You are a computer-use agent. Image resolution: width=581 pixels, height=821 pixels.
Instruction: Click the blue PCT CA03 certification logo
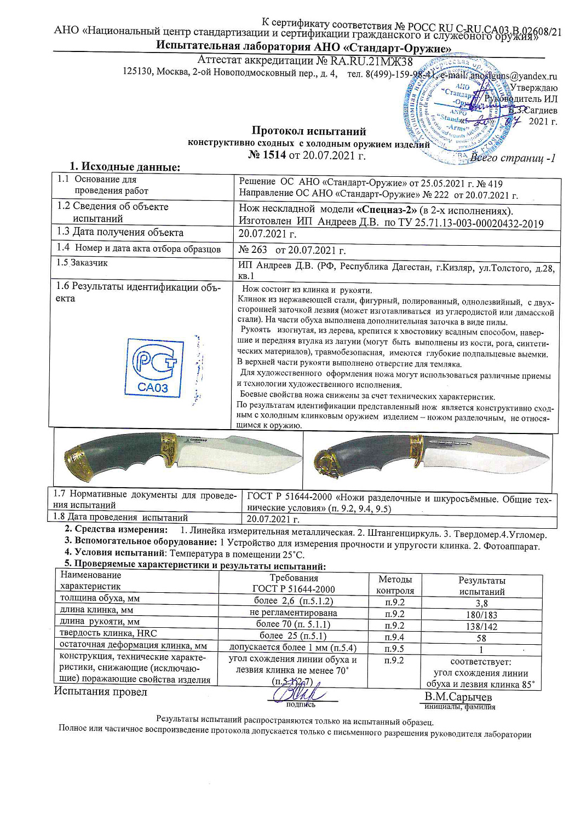[x=154, y=367]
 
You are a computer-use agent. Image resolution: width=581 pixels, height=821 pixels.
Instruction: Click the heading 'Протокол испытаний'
[x=308, y=131]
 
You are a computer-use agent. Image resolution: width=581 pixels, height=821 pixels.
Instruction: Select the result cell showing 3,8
[x=481, y=603]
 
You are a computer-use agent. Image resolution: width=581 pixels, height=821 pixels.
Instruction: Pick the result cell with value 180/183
[x=481, y=615]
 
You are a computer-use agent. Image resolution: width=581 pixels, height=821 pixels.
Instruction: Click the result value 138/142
[x=481, y=626]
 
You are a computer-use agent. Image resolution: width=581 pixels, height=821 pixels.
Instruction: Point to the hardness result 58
[x=481, y=638]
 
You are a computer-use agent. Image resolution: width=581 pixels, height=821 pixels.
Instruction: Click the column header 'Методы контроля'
[x=395, y=585]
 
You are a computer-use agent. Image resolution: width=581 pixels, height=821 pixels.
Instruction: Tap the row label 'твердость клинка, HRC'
[x=108, y=633]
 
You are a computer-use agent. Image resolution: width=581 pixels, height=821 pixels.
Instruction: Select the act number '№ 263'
[x=253, y=250]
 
